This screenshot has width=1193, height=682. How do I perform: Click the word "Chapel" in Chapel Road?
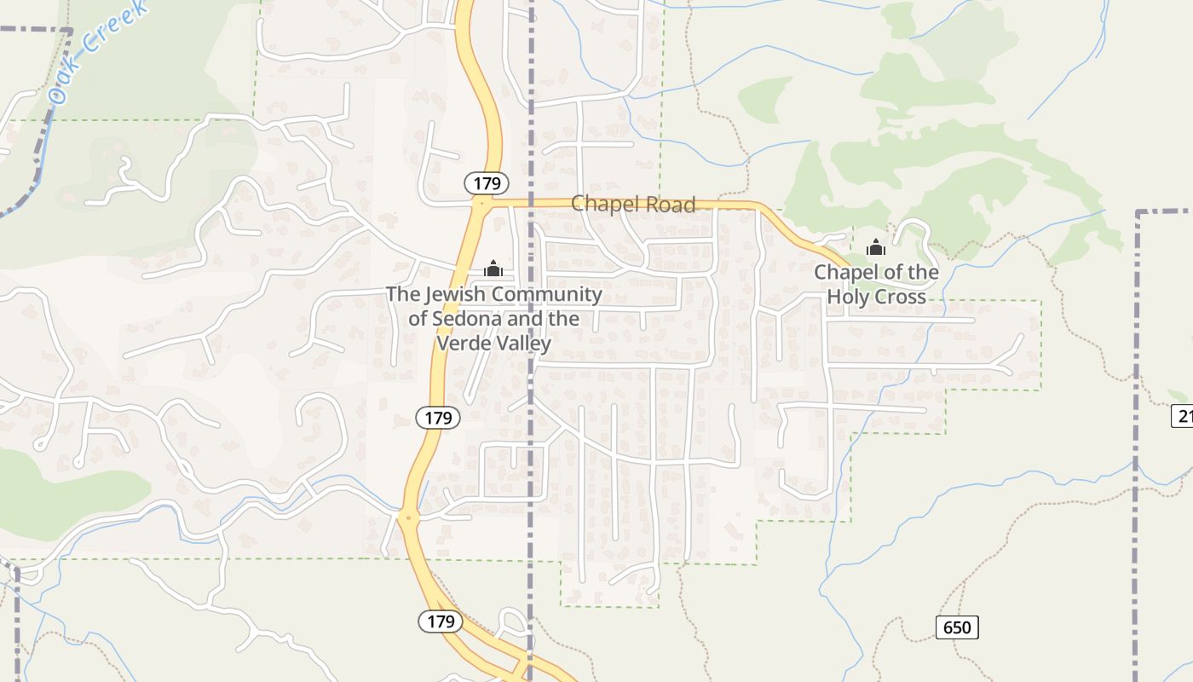[602, 204]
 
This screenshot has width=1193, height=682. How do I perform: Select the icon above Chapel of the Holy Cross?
[875, 248]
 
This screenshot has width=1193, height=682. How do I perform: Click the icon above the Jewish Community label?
[493, 269]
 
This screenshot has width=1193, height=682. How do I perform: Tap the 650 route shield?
[957, 627]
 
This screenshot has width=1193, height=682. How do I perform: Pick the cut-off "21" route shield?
[1183, 416]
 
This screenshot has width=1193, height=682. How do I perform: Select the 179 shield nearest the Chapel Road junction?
[487, 182]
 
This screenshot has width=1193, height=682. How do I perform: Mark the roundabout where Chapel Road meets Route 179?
[482, 204]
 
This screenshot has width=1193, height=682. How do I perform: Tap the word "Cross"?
[902, 297]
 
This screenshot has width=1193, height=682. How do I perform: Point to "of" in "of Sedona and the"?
[418, 319]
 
